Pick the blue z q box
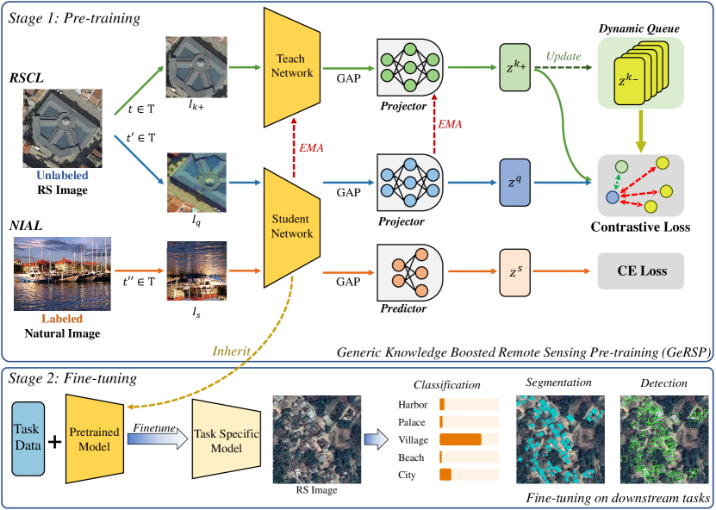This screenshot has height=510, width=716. (516, 183)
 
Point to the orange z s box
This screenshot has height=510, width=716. (516, 272)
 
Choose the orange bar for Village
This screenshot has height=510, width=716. (460, 439)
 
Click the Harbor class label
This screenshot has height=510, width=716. (413, 404)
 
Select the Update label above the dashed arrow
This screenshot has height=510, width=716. (563, 60)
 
